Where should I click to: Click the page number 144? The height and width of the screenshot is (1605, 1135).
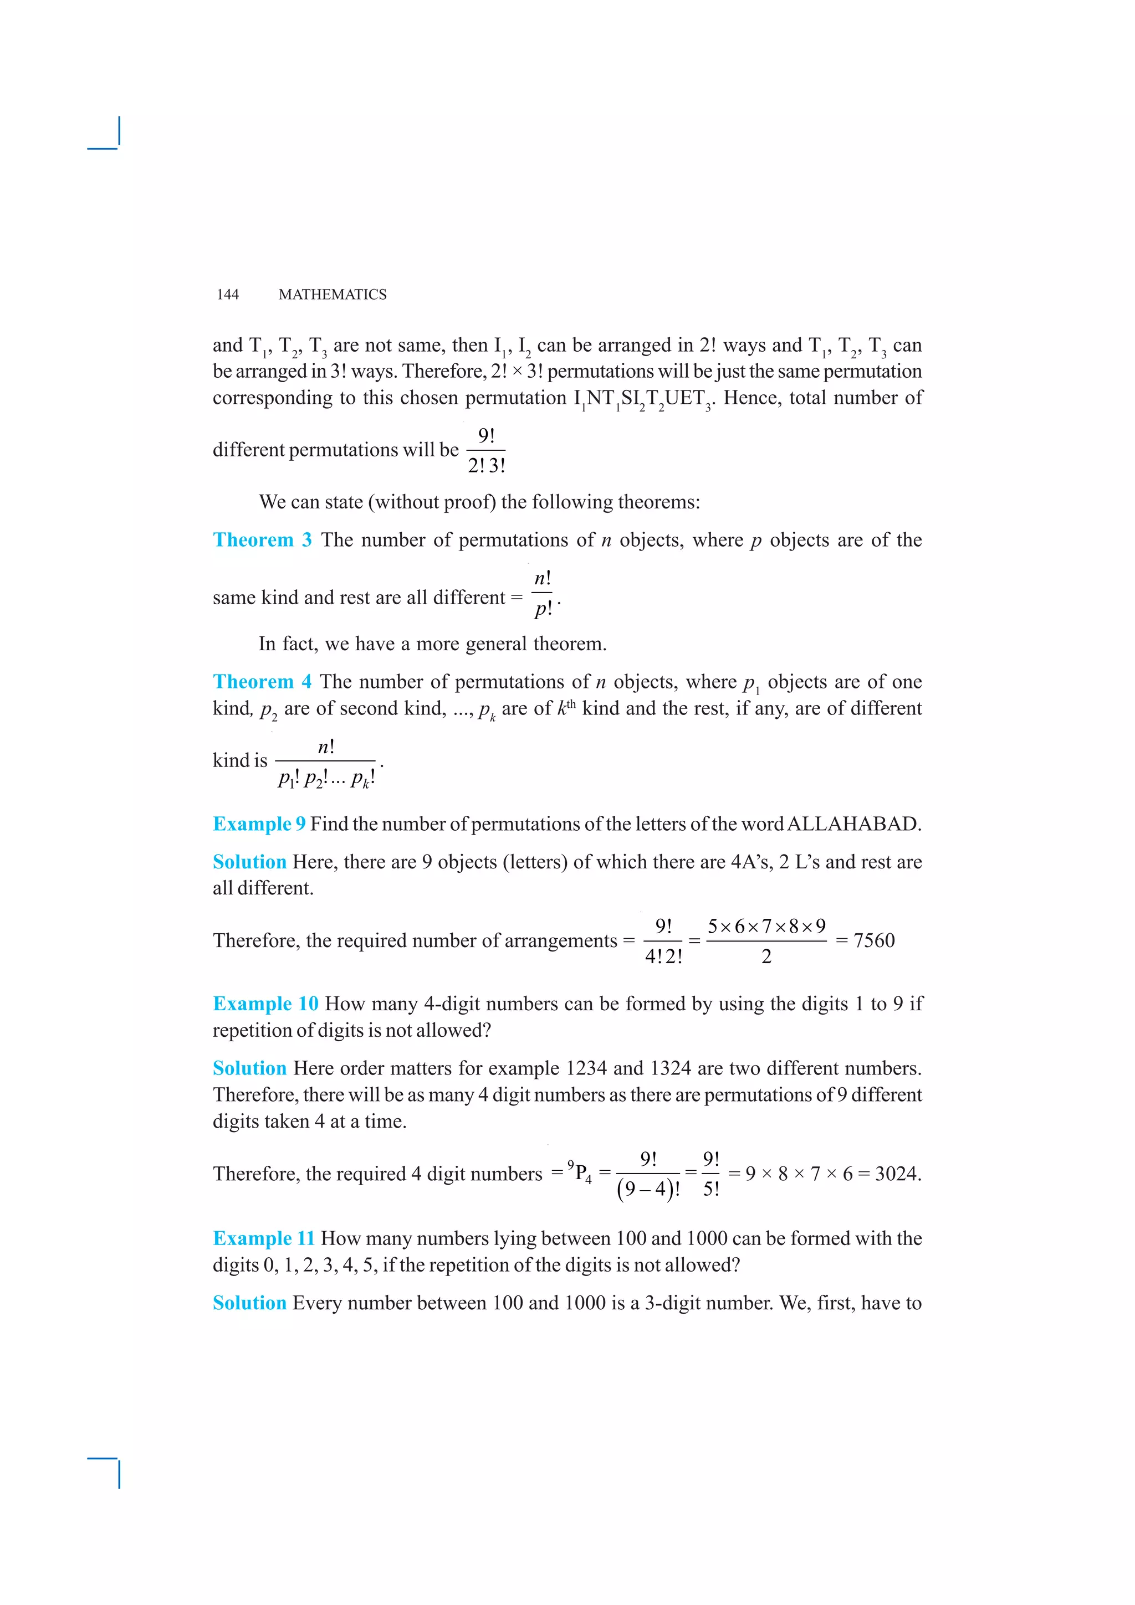(228, 294)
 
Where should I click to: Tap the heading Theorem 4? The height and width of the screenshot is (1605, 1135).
(262, 682)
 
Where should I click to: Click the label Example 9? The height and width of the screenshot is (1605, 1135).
(259, 824)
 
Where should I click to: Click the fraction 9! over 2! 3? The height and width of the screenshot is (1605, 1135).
(486, 450)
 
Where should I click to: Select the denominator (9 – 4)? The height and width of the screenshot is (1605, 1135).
(648, 1189)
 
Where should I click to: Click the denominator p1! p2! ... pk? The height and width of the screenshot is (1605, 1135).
(326, 778)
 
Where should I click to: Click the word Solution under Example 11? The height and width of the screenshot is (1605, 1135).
(249, 1303)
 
